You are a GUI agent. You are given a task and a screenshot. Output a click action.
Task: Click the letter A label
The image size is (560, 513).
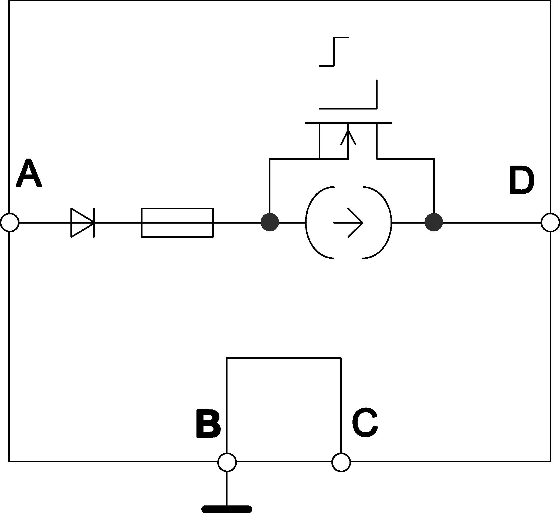pos(29,173)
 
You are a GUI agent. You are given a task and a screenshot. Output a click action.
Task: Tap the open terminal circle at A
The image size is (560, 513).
pos(10,222)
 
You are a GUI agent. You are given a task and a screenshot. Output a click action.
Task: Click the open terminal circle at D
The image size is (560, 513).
pos(550,222)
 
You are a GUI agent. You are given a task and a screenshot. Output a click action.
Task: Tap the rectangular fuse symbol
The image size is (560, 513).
pos(177,222)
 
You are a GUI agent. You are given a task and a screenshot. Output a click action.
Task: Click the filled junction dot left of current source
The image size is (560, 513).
pos(270,222)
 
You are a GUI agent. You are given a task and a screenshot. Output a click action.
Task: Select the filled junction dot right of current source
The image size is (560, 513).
pos(434,222)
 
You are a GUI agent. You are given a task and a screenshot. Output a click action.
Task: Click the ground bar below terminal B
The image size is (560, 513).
pos(227,509)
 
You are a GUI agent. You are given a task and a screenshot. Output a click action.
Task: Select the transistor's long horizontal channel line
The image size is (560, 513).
pos(348,123)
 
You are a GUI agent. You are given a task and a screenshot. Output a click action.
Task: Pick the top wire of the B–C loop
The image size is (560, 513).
pos(284,358)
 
